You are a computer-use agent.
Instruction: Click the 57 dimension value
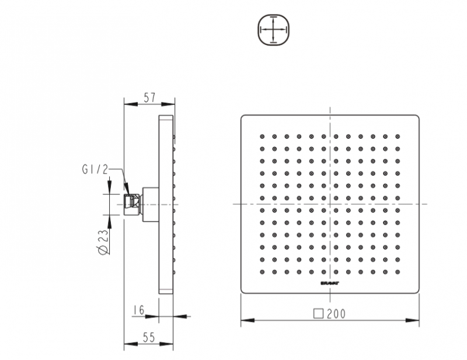[x=149, y=97]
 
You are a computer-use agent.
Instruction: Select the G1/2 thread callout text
[x=95, y=170]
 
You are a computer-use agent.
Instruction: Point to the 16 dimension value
[x=138, y=310]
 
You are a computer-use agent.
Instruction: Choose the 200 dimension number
[x=336, y=313]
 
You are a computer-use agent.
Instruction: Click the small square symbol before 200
[x=319, y=313]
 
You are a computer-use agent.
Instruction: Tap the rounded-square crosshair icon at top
[x=273, y=30]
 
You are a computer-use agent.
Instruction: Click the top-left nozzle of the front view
[x=262, y=137]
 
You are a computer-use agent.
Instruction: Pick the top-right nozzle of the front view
[x=398, y=137]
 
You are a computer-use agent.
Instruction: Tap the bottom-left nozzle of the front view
[x=262, y=272]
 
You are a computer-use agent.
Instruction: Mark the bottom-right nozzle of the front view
[x=398, y=272]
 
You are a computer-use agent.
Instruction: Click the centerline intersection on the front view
[x=330, y=204]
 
